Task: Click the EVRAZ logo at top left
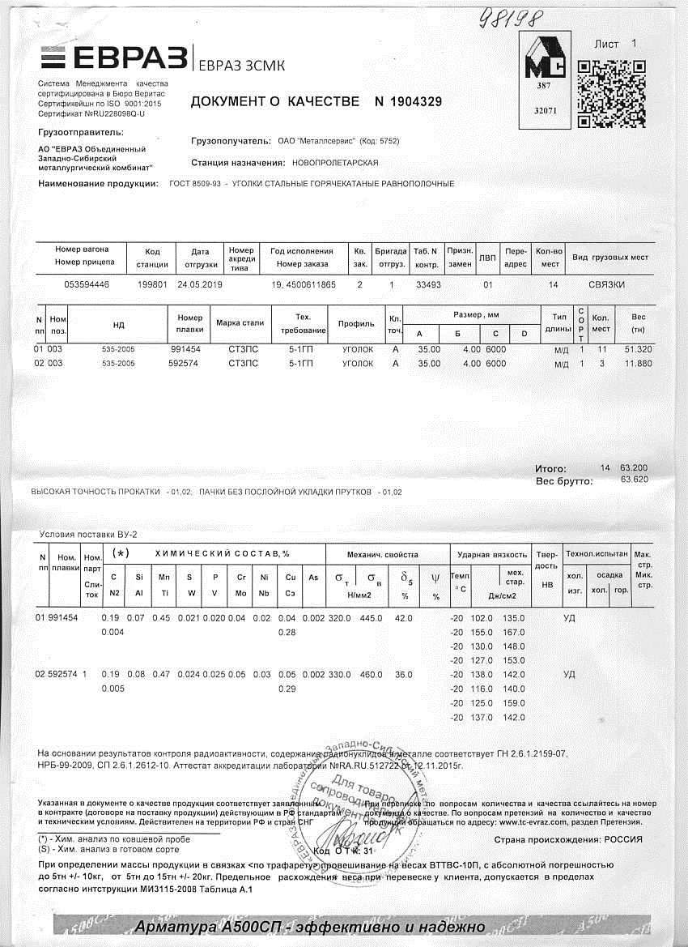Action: click(x=113, y=58)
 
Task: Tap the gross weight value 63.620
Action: click(x=635, y=480)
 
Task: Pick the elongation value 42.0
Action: click(x=404, y=618)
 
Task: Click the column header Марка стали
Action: click(x=240, y=323)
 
